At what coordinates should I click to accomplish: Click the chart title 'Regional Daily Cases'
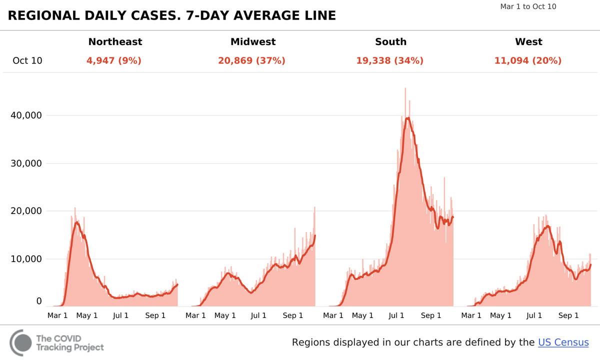tap(171, 15)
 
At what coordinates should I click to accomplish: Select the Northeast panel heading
tap(115, 42)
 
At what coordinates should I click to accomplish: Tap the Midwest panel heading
tap(253, 42)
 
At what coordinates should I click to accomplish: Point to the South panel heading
tap(390, 42)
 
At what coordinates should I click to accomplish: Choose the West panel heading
tap(528, 42)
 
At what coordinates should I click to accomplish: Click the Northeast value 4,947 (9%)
tap(114, 61)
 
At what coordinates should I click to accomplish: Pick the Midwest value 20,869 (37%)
tap(251, 61)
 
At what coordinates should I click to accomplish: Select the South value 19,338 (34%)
tap(389, 61)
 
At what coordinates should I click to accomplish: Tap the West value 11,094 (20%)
tap(527, 61)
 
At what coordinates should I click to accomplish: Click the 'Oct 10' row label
tap(27, 61)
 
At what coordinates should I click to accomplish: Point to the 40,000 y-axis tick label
tap(26, 115)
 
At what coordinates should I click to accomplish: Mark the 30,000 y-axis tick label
tap(26, 163)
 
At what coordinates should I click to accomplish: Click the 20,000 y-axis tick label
tap(26, 211)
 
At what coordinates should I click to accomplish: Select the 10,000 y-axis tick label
tap(26, 259)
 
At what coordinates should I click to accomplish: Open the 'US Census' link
tap(563, 342)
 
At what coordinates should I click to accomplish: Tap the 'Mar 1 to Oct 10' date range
tap(528, 7)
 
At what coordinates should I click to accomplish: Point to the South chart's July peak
tap(407, 118)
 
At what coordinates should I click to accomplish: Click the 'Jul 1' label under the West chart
tap(534, 315)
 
